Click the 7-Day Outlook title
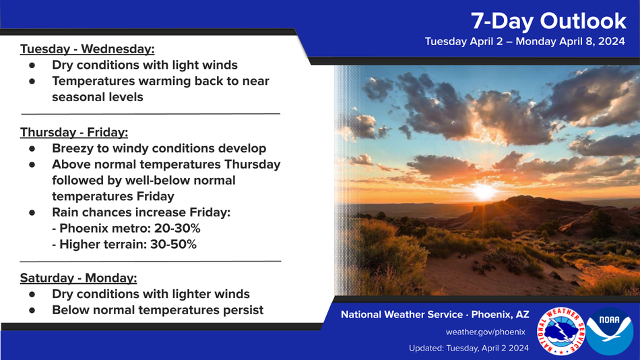pos(548,21)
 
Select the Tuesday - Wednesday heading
pos(88,49)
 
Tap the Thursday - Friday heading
pos(74,132)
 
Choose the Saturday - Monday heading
pos(78,278)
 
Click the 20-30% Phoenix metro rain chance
pos(177,229)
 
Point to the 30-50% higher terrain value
pos(173,244)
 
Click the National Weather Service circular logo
pos(561,331)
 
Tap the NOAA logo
pos(610,331)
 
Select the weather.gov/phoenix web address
pos(485,332)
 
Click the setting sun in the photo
pos(484,191)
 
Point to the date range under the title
pos(525,41)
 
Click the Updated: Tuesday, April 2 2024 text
pos(469,348)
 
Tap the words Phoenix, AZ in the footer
pos(500,315)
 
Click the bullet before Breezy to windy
pos(32,148)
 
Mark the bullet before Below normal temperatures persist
pos(32,310)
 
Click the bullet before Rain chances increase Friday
pos(32,212)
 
